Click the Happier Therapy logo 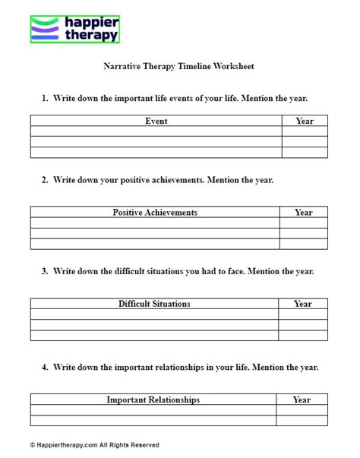click(x=75, y=24)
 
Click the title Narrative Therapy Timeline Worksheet click(x=178, y=66)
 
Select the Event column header click(x=156, y=121)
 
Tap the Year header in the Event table click(x=305, y=121)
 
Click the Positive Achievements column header click(x=155, y=213)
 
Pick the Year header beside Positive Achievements click(x=304, y=213)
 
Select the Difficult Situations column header click(x=154, y=304)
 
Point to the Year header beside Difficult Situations click(x=303, y=304)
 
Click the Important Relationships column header click(x=153, y=399)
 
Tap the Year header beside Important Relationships click(x=302, y=399)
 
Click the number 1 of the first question click(x=45, y=98)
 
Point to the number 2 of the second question click(x=45, y=180)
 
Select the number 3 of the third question click(x=45, y=271)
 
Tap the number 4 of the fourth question click(x=45, y=367)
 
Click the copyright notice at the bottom click(x=85, y=445)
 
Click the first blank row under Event click(x=156, y=131)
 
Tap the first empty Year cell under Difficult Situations click(x=303, y=314)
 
